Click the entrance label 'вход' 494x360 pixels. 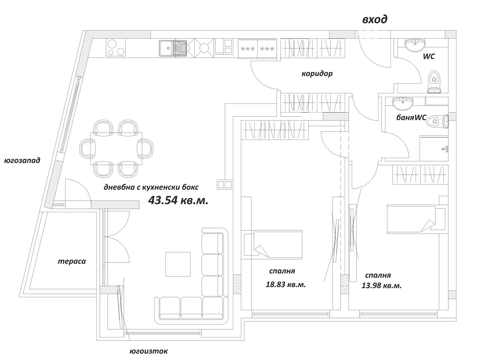(x=374, y=19)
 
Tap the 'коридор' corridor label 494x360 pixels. (x=317, y=73)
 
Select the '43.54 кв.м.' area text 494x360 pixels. (x=178, y=200)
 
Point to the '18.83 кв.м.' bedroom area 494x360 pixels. (x=286, y=284)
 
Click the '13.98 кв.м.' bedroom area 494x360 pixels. (x=381, y=285)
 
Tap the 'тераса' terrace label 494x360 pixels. (x=72, y=261)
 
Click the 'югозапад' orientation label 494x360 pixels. (x=22, y=160)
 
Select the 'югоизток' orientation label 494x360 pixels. (x=149, y=351)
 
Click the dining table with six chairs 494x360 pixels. (x=116, y=148)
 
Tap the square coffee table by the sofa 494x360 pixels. (x=178, y=264)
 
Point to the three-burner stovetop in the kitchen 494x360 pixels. (x=115, y=47)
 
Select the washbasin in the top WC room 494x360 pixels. (x=415, y=45)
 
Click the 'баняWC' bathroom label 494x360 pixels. (x=411, y=117)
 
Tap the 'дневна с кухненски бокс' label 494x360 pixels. (x=151, y=187)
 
